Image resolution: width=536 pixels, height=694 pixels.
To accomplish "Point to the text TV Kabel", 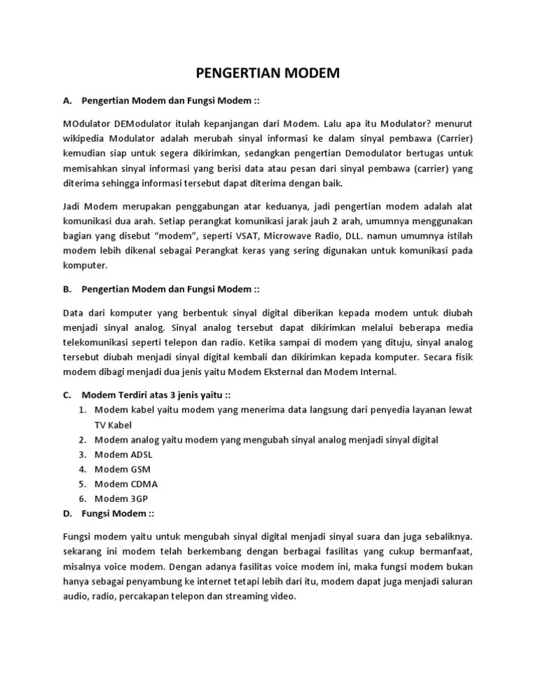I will tap(113, 424).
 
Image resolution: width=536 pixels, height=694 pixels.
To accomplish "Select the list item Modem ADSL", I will tap(123, 455).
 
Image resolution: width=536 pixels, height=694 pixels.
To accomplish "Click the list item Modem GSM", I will tap(122, 469).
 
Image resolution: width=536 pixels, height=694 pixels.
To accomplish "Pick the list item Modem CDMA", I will tap(126, 484).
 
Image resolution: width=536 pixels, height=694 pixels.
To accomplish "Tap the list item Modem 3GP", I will tap(121, 499).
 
